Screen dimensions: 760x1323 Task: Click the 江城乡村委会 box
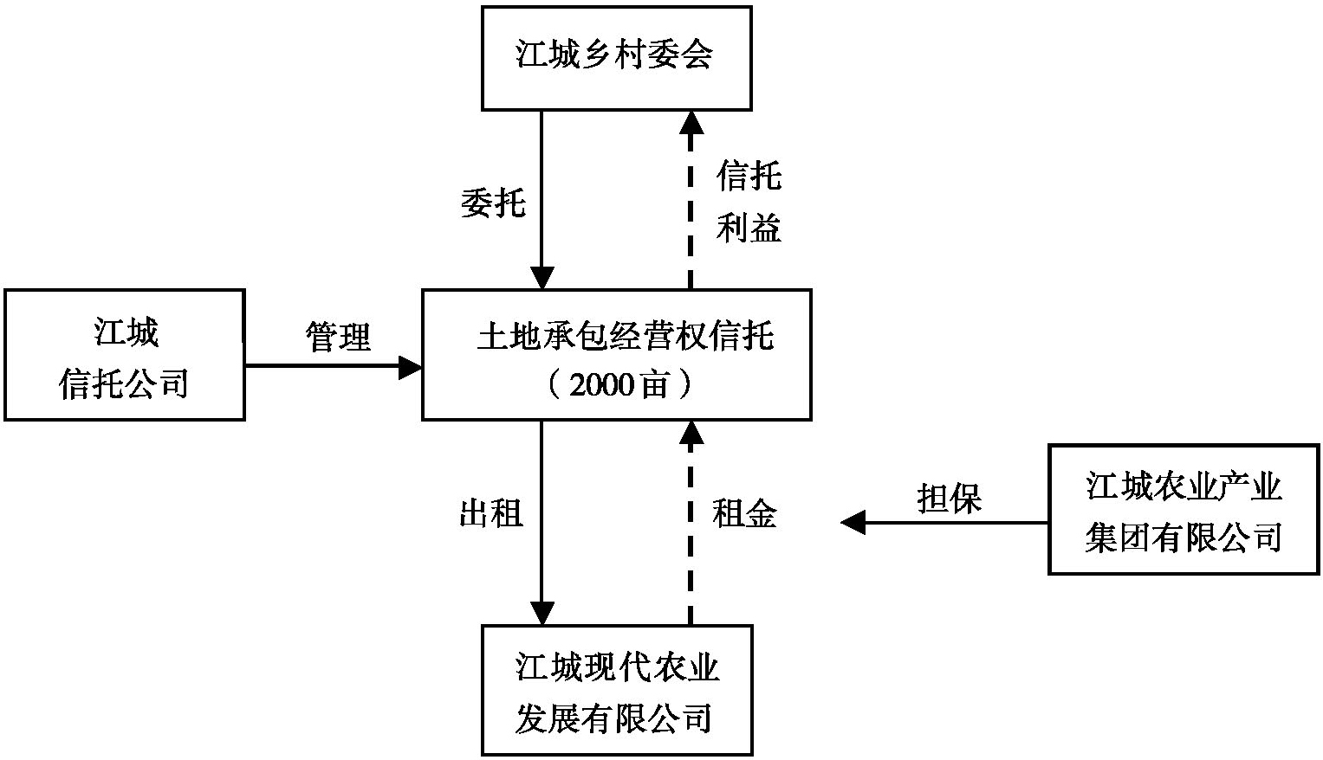616,57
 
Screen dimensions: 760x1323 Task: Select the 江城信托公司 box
125,356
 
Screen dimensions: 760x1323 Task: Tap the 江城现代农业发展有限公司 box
616,692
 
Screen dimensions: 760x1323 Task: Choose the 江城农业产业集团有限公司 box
1184,511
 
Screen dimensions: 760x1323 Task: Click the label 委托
493,203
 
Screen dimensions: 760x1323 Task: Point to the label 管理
338,337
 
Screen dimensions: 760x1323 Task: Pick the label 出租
490,514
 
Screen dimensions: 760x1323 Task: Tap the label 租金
744,514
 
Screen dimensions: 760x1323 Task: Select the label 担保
949,499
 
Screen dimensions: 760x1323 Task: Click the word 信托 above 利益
749,177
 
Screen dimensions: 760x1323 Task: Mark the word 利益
749,228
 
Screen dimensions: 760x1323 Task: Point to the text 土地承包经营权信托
625,336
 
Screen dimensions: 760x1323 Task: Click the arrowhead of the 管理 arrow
410,366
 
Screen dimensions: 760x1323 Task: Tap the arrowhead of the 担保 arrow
853,523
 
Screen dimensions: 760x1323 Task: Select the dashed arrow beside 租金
691,523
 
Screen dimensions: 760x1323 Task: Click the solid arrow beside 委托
542,199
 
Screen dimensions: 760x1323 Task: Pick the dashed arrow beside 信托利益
691,199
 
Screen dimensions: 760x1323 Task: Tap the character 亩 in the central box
656,384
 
